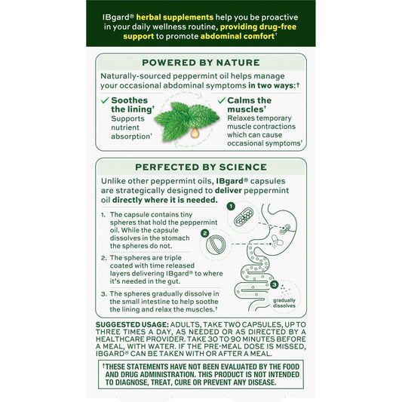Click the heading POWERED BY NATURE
(201, 62)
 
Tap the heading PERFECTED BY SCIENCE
(201, 166)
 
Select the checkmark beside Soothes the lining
(105, 100)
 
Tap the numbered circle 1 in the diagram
(232, 206)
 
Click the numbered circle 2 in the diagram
(204, 234)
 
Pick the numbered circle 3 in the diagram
(274, 284)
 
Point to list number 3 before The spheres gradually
(103, 293)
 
